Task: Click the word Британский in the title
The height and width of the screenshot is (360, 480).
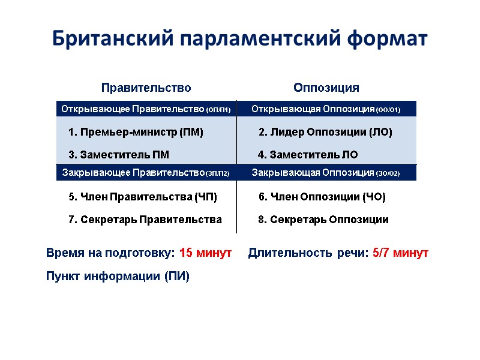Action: (x=113, y=38)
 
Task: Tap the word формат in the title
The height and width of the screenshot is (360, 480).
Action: (x=386, y=38)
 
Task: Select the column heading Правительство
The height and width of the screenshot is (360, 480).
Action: (x=146, y=88)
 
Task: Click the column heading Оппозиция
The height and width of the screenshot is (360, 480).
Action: (x=326, y=88)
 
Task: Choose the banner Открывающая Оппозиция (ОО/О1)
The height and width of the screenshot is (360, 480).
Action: (x=326, y=109)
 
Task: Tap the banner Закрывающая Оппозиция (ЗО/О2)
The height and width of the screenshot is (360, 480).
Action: (x=326, y=173)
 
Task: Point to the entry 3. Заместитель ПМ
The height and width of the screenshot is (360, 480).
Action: (x=119, y=155)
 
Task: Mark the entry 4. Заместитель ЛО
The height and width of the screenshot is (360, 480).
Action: (x=307, y=155)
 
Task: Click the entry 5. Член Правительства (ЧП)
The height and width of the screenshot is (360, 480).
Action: (x=143, y=197)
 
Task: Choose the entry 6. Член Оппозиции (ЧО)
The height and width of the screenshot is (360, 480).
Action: (x=322, y=197)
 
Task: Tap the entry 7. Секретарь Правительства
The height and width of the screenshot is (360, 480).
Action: (x=145, y=220)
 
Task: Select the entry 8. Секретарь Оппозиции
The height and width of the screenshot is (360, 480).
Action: (x=323, y=220)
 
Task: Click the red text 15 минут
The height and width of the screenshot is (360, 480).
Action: (x=205, y=253)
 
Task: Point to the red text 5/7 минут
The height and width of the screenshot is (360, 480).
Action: (x=400, y=253)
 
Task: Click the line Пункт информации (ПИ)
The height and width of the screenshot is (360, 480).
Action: (x=118, y=277)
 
